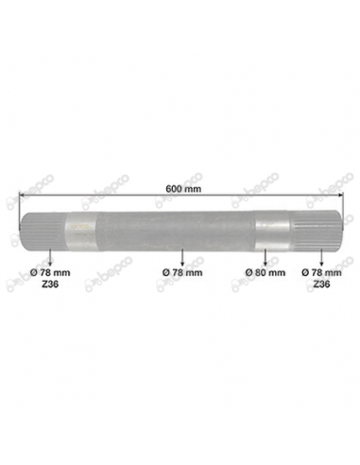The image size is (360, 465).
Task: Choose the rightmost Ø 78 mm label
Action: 320,270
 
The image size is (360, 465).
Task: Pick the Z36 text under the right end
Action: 320,282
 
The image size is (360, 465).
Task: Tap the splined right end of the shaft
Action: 318,230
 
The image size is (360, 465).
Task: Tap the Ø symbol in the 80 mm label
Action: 249,270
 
